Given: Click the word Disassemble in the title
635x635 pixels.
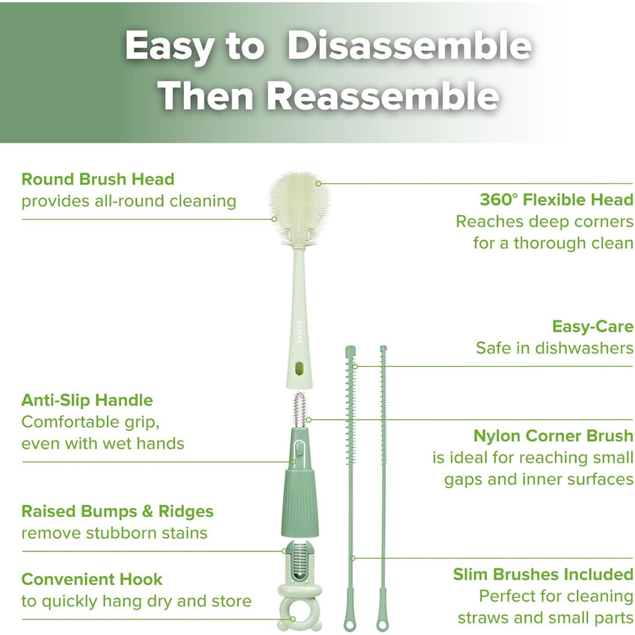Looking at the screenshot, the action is (x=409, y=46).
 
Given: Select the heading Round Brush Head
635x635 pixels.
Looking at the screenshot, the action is (x=98, y=179).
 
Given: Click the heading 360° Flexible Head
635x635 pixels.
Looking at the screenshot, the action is (x=557, y=199).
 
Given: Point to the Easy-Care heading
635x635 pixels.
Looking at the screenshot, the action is (x=593, y=326).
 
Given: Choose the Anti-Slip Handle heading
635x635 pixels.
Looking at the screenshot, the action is (x=87, y=400).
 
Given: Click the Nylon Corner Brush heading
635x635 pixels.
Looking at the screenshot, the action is (x=554, y=436).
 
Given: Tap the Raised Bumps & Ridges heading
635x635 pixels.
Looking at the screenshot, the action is (x=117, y=511).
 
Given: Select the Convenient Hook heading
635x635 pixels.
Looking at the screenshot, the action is (x=92, y=579).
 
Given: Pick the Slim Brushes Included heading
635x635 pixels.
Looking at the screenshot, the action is (x=543, y=574).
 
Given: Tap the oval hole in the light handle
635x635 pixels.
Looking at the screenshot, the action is (x=300, y=368).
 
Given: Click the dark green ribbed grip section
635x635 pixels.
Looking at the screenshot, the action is (x=300, y=502).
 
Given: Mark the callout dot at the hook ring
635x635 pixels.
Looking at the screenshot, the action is (x=293, y=619).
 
